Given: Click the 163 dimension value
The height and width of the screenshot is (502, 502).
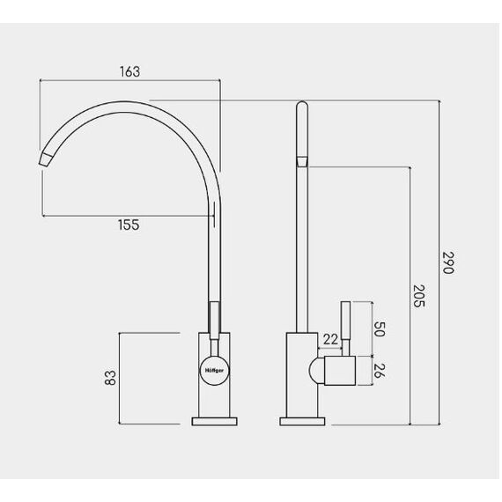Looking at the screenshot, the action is [x=130, y=71].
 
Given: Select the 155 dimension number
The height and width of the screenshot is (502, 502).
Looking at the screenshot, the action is [x=129, y=225].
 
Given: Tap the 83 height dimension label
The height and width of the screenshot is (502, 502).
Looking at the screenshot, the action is [x=110, y=378].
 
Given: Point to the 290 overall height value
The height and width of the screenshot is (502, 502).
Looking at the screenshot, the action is [x=448, y=262].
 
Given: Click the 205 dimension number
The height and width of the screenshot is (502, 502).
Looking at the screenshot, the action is [x=418, y=296].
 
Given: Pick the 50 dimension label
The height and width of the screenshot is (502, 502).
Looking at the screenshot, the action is [x=379, y=329].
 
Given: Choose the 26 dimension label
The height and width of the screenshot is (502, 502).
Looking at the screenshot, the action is [x=379, y=371].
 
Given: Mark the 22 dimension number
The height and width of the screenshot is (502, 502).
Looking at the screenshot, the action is [x=330, y=339].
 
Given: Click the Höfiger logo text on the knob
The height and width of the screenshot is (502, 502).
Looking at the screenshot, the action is [x=214, y=371].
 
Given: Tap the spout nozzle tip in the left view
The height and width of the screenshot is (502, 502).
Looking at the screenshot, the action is [x=46, y=159].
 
